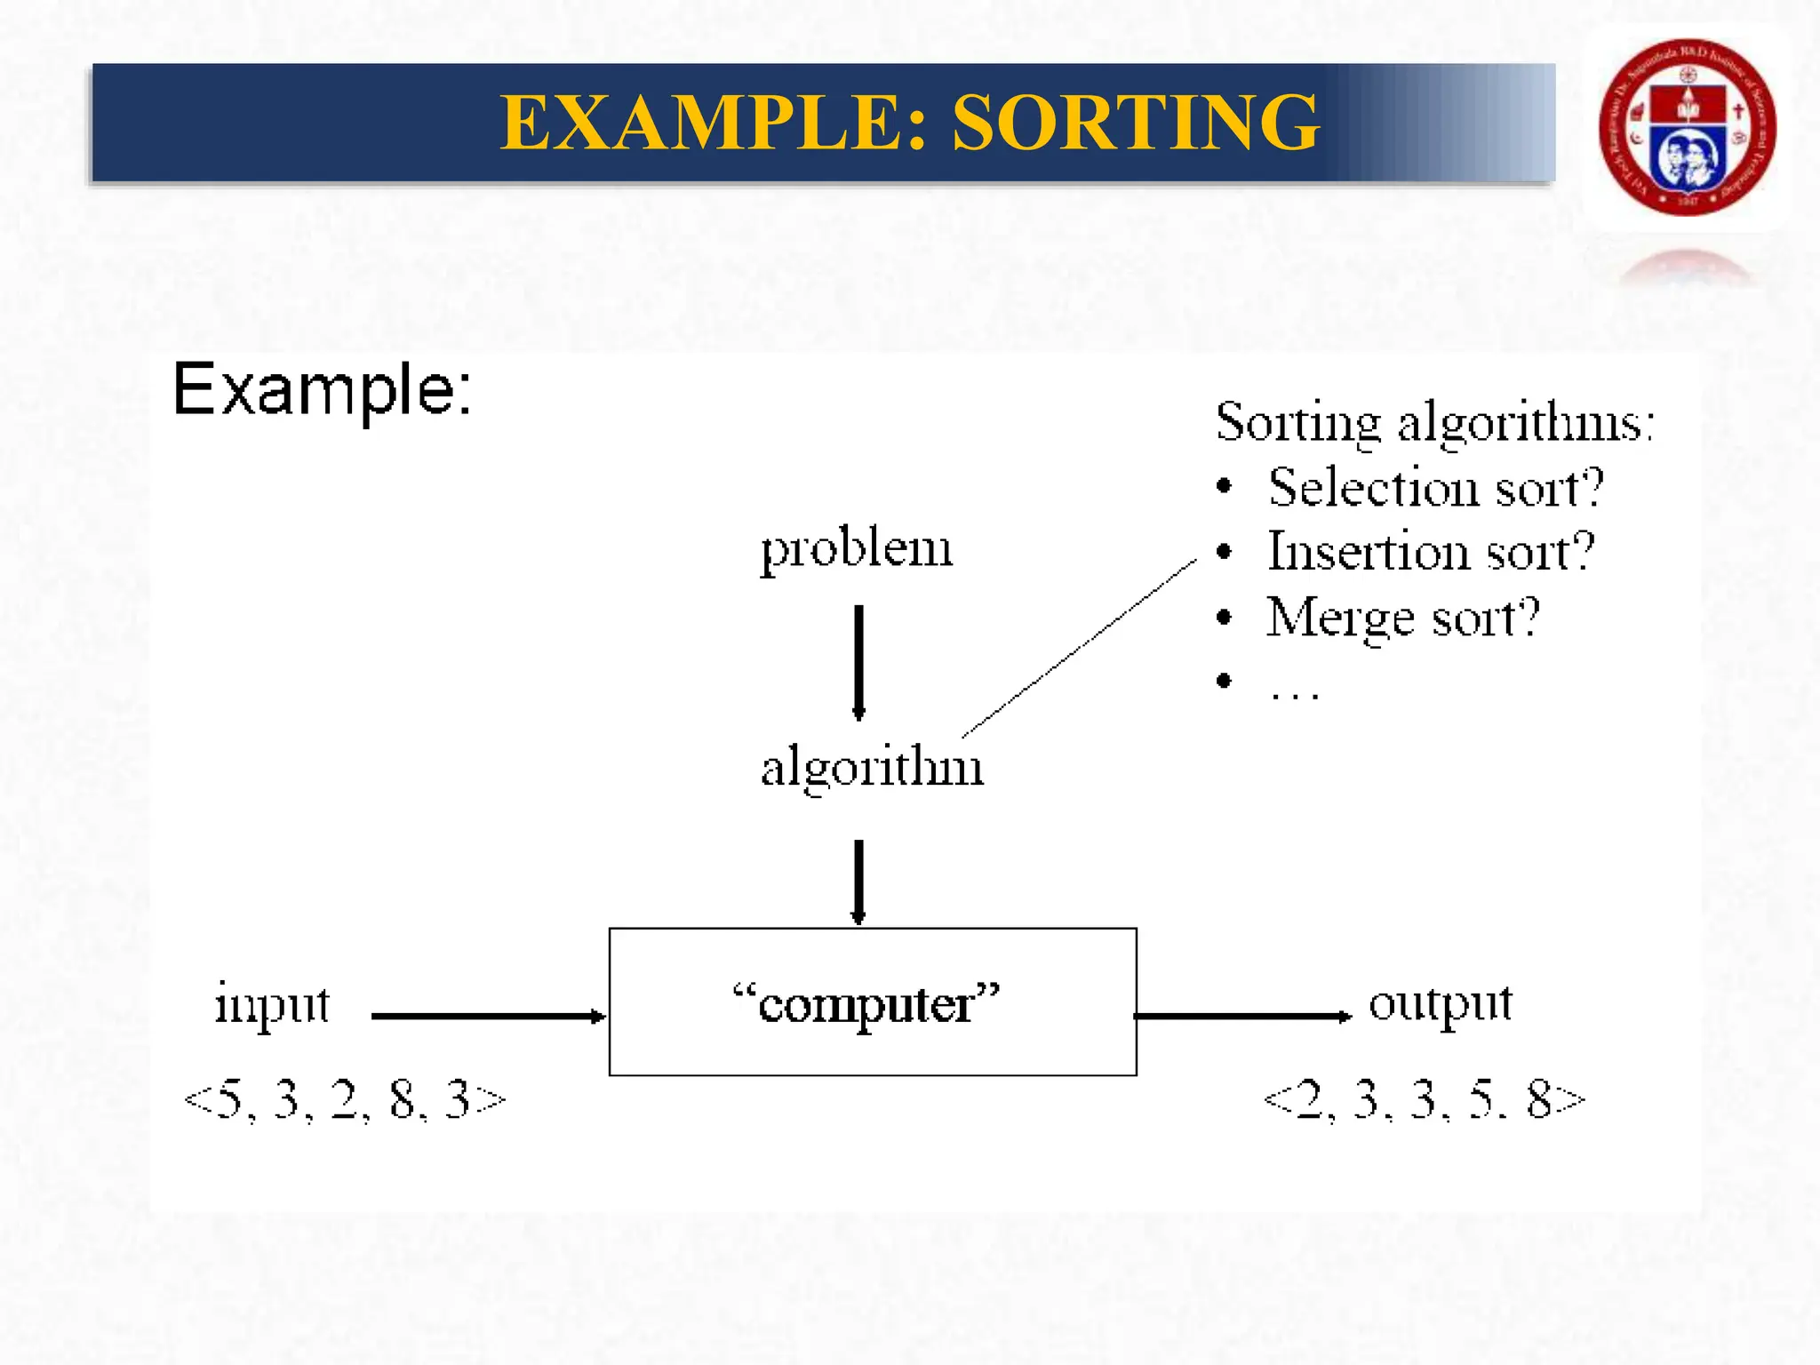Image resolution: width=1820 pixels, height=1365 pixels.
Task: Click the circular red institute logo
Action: pyautogui.click(x=1687, y=127)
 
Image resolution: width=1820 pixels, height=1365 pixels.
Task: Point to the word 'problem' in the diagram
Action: pyautogui.click(x=856, y=549)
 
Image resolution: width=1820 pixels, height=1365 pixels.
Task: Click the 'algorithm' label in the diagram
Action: pyautogui.click(x=872, y=767)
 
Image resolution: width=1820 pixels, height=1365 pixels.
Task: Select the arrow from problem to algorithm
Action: pyautogui.click(x=858, y=662)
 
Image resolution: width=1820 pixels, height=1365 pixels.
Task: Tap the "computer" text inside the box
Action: pyautogui.click(x=866, y=1004)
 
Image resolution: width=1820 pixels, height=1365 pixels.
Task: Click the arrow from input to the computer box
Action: pyautogui.click(x=488, y=1016)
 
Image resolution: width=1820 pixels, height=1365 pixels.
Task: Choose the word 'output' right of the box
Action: pyautogui.click(x=1440, y=1004)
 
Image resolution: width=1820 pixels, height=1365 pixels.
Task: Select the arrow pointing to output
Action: pyautogui.click(x=1242, y=1016)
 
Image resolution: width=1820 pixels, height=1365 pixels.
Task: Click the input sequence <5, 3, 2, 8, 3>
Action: pyautogui.click(x=345, y=1099)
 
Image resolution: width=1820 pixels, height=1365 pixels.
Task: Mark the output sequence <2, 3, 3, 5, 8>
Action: pyautogui.click(x=1424, y=1099)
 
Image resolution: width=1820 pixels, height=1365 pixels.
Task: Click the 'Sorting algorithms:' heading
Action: pyautogui.click(x=1434, y=422)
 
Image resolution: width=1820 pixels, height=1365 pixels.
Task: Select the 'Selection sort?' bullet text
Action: pyautogui.click(x=1435, y=488)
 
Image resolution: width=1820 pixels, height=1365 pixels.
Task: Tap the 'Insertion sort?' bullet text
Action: pyautogui.click(x=1431, y=552)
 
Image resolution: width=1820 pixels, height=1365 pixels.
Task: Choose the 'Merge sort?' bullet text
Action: pyautogui.click(x=1402, y=618)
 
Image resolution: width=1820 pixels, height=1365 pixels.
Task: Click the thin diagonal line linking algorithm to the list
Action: pyautogui.click(x=1080, y=648)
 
